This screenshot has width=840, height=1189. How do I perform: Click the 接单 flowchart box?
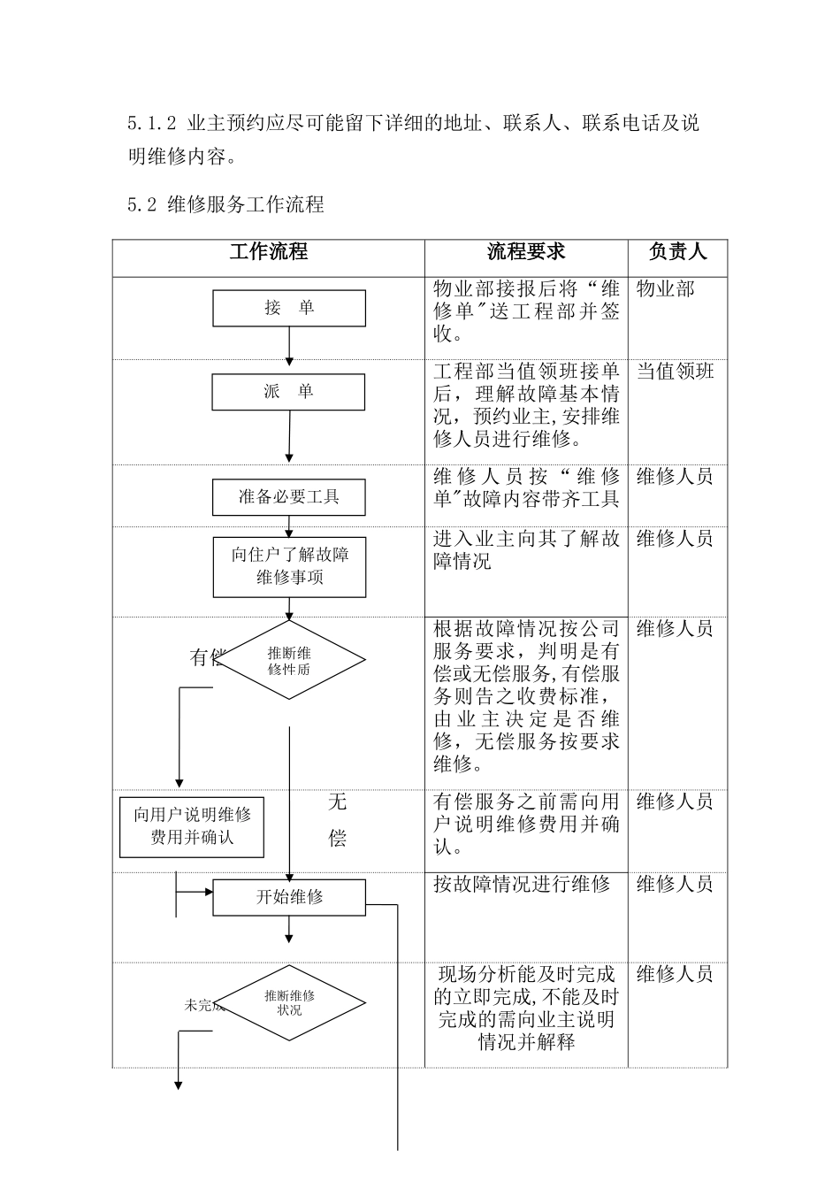pyautogui.click(x=289, y=308)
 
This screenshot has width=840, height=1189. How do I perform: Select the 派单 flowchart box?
pyautogui.click(x=289, y=392)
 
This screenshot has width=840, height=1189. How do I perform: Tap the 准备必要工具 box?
pyautogui.click(x=289, y=497)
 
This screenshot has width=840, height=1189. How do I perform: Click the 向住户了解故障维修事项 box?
pyautogui.click(x=289, y=566)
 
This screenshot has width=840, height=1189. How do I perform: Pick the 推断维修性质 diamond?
pyautogui.click(x=290, y=661)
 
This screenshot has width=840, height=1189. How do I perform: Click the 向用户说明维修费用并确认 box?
pyautogui.click(x=192, y=826)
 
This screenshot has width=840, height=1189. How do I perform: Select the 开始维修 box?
pyautogui.click(x=289, y=897)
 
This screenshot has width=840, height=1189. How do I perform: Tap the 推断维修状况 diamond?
pyautogui.click(x=290, y=1002)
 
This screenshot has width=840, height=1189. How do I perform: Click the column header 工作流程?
pyautogui.click(x=269, y=252)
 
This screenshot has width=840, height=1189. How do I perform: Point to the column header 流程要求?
pyautogui.click(x=526, y=252)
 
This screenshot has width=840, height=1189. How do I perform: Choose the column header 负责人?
pyautogui.click(x=677, y=252)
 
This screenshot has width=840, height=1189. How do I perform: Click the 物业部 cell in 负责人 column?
pyautogui.click(x=665, y=289)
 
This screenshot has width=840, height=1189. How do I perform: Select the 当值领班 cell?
pyautogui.click(x=675, y=372)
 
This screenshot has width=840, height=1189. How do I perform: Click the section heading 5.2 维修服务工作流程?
pyautogui.click(x=226, y=205)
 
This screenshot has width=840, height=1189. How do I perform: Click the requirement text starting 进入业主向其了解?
pyautogui.click(x=526, y=550)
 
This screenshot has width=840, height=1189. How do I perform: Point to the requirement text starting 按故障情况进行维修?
pyautogui.click(x=522, y=884)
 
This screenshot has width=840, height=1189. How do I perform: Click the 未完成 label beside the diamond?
pyautogui.click(x=202, y=1005)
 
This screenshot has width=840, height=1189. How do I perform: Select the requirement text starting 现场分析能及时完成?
pyautogui.click(x=526, y=1009)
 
